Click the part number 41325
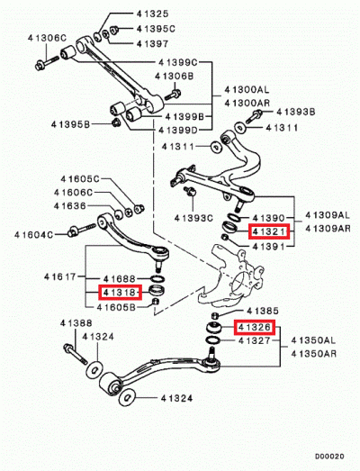152,14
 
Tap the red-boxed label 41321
269,231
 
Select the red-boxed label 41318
120,292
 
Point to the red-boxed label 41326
255,327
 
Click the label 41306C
47,38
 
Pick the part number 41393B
296,112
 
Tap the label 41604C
33,234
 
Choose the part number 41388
76,323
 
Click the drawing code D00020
329,457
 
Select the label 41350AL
313,340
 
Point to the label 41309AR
328,228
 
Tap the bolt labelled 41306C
47,63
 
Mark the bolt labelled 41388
75,354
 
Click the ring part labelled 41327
213,340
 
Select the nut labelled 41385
214,316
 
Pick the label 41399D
178,130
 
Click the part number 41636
70,205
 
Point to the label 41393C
193,218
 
